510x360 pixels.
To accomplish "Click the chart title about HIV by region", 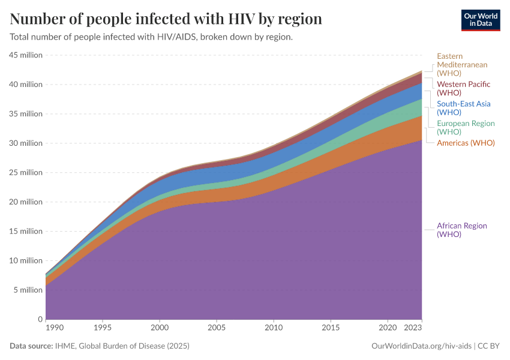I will click(166, 19).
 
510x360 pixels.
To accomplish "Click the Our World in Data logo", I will click(480, 20).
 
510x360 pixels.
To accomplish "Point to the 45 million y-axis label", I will click(26, 55).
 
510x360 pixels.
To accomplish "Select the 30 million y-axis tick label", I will click(26, 143).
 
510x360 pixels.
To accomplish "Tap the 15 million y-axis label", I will click(26, 232).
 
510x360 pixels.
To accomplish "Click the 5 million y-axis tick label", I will click(28, 290).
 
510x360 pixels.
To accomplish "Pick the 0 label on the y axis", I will click(40, 319).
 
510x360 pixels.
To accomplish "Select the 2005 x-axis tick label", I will click(216, 329).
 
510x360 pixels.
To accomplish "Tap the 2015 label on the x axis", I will click(330, 329).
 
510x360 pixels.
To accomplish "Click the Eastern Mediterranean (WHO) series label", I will click(462, 65).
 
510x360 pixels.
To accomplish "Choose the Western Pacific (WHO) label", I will click(463, 88).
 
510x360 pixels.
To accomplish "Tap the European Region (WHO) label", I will click(466, 127).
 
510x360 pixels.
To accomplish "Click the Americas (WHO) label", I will click(466, 143).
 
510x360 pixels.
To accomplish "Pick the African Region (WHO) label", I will click(461, 230).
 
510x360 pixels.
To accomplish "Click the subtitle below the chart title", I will click(151, 37).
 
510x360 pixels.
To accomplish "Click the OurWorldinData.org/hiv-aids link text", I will click(422, 346).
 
